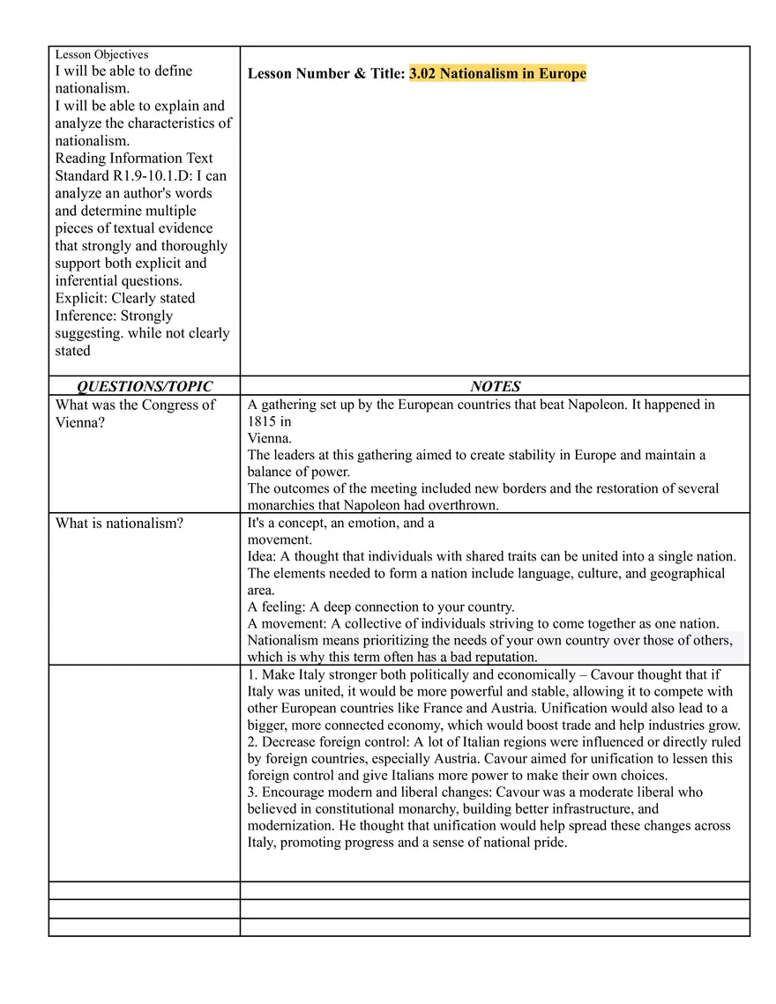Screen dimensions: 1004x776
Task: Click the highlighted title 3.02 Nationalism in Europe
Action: pos(497,74)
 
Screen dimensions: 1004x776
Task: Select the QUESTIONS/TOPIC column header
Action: pos(145,386)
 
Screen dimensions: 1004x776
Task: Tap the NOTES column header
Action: pos(495,386)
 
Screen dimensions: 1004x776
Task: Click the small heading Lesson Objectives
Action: pos(101,55)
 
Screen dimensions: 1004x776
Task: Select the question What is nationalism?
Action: pos(119,524)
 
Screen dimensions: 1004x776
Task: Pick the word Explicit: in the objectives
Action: pos(81,298)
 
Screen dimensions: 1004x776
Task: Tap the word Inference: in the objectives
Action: pos(86,316)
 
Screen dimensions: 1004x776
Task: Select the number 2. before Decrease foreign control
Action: pos(253,742)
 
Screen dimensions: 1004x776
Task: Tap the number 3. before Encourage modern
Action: pos(253,792)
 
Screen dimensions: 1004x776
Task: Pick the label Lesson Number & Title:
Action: pos(326,74)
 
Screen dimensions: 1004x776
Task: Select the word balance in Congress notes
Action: pos(270,472)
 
